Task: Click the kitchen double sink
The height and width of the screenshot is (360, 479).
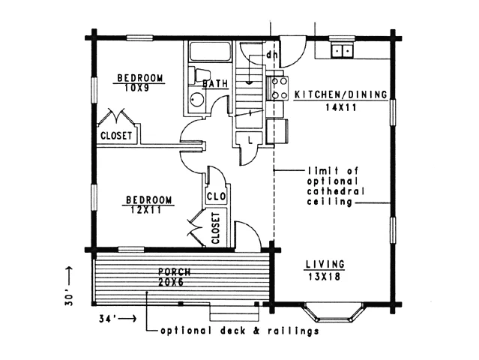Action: tap(342, 50)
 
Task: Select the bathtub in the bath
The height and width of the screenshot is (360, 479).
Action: tap(210, 52)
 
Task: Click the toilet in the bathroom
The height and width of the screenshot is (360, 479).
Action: tap(199, 76)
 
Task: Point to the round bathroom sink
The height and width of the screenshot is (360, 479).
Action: tap(196, 99)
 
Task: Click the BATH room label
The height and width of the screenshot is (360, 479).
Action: tap(215, 83)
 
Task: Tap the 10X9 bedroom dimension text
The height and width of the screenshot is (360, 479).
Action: tap(136, 88)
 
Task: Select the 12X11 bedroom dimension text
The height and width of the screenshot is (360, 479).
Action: tap(145, 210)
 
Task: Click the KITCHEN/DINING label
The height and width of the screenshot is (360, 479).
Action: tap(340, 94)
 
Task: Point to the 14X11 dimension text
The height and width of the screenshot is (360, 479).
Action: tap(341, 107)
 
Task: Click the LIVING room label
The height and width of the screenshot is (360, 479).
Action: tap(325, 264)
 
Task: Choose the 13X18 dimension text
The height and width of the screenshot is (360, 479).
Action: tap(325, 277)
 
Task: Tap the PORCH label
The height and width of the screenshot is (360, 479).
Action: tap(175, 271)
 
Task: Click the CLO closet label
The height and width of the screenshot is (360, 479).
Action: tap(216, 196)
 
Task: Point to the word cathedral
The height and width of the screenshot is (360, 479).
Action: tap(335, 191)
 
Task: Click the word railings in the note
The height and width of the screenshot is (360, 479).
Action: tap(293, 331)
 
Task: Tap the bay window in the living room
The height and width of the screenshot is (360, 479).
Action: tap(334, 312)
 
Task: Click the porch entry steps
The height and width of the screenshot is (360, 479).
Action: tap(235, 312)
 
